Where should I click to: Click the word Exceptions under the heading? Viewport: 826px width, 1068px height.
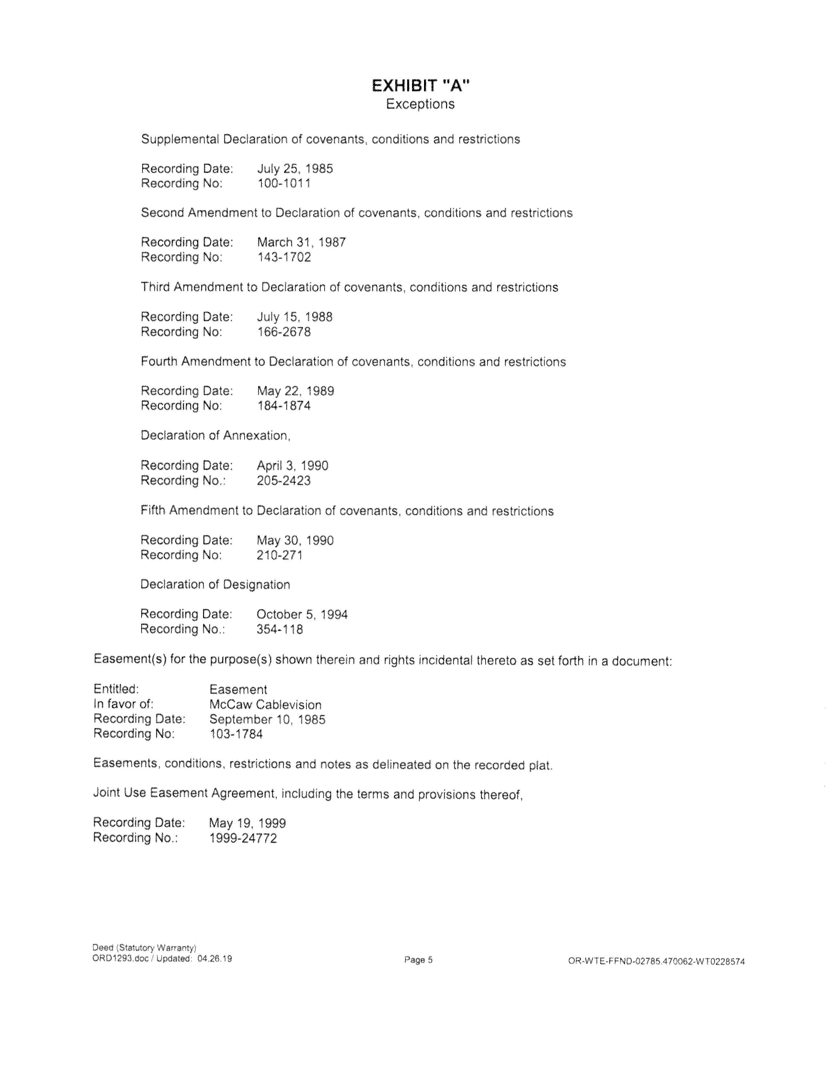pos(420,104)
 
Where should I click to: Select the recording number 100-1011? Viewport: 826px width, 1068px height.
pos(284,184)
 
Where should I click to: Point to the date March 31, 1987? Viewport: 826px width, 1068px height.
pos(302,242)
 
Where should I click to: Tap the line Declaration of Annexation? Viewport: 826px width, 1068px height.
pos(215,435)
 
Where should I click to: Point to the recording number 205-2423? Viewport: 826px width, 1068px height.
pos(284,481)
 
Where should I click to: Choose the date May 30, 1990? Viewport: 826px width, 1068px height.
pos(295,540)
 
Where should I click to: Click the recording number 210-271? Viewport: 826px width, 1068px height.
pos(280,555)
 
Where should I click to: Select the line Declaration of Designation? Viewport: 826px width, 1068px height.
pos(215,584)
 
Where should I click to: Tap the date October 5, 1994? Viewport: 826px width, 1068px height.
pos(302,614)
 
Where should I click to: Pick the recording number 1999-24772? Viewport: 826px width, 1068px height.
pos(243,838)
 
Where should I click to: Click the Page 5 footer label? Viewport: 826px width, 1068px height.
pos(419,960)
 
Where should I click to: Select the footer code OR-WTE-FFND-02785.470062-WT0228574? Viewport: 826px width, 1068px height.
pos(656,961)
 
